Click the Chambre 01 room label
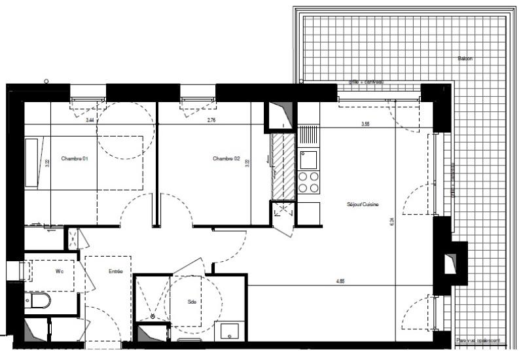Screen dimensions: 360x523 pos(75,159)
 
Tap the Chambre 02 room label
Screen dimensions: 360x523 pos(226,159)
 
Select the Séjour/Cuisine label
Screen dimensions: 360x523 pos(363,204)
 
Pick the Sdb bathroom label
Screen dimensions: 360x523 pos(192,302)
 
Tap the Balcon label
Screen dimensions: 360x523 pos(465,59)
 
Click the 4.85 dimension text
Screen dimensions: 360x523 pos(340,282)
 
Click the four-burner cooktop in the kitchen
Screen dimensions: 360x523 pos(308,182)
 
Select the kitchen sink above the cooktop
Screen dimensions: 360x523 pos(308,158)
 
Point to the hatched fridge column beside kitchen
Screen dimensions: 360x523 pos(284,166)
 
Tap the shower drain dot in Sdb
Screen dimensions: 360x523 pos(153,317)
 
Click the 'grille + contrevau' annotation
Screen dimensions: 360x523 pos(366,82)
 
